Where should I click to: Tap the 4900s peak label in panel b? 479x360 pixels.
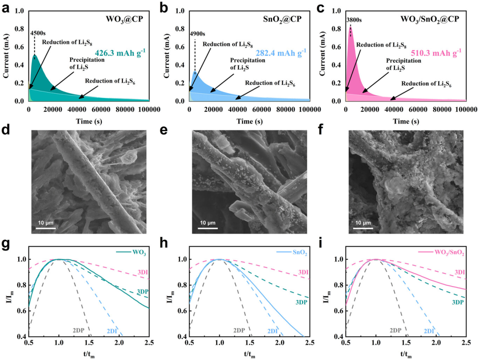[197, 34]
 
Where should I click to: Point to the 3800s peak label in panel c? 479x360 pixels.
[354, 20]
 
